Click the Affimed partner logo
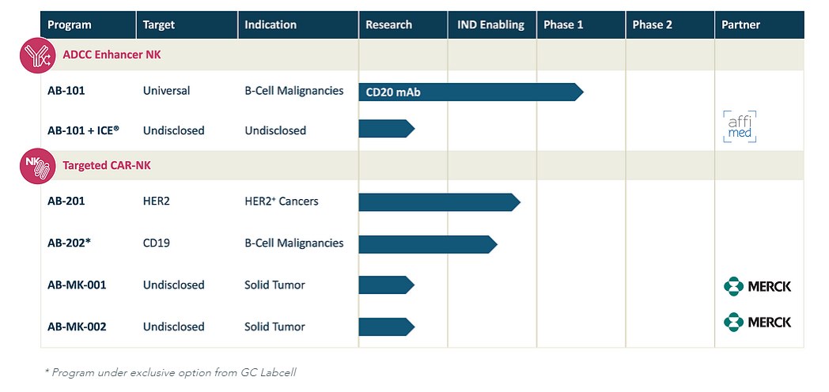pos(740,126)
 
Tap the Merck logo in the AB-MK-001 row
pos(757,286)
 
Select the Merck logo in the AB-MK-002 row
pos(757,322)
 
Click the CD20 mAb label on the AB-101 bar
pos(393,92)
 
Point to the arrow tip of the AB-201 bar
pos(520,202)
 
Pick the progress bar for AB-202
pos(428,244)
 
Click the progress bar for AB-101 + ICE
pos(387,128)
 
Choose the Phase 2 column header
pos(653,24)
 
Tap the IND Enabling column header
pos(490,24)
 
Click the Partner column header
pos(740,24)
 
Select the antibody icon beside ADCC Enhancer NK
pos(37,55)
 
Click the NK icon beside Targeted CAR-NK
pos(37,166)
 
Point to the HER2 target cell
pos(157,202)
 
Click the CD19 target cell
pos(157,243)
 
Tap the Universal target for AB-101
pos(167,91)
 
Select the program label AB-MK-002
pos(77,327)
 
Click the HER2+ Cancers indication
pos(282,202)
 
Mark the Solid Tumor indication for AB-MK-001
pos(274,285)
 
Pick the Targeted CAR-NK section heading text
pos(107,165)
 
